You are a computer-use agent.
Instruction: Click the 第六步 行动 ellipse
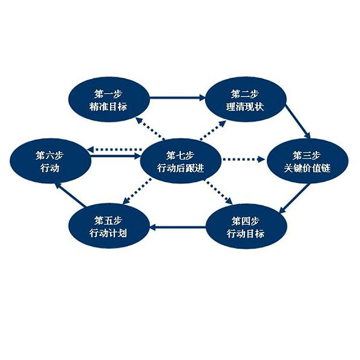click(x=51, y=160)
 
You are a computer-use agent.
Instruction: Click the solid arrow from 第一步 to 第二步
click(x=177, y=98)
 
